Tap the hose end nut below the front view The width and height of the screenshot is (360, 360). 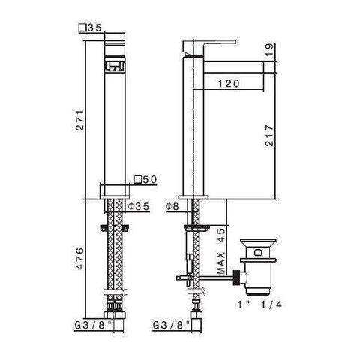click(x=114, y=307)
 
